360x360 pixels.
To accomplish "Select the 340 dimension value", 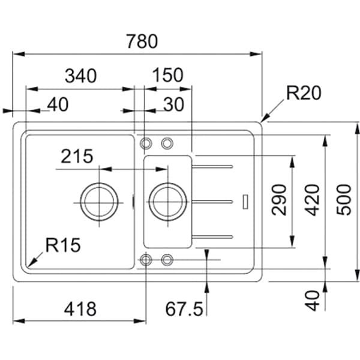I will tap(80, 76).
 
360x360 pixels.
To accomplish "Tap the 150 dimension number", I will tap(167, 76).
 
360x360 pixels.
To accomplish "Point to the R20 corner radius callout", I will tap(304, 93).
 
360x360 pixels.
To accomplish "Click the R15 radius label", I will tap(62, 245).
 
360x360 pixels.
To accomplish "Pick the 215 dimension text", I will tap(76, 157).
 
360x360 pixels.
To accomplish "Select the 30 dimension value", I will tap(173, 104).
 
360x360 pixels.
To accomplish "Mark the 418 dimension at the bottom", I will tap(80, 309).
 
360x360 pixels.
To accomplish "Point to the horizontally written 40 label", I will tap(57, 104).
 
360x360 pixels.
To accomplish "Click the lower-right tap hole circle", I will tap(167, 259).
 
